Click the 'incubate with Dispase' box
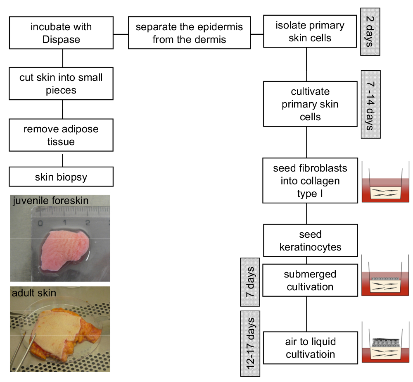point(61,33)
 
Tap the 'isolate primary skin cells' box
point(310,31)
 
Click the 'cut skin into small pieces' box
point(61,84)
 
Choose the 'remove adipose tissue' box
point(61,135)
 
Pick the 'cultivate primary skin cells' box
point(310,104)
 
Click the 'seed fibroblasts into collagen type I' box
point(310,181)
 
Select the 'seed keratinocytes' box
point(310,241)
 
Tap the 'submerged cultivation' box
point(310,280)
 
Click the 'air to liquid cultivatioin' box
point(310,348)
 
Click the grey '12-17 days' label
point(250,344)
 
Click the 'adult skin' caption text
point(34,294)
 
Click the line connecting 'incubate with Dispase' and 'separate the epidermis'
point(121,33)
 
